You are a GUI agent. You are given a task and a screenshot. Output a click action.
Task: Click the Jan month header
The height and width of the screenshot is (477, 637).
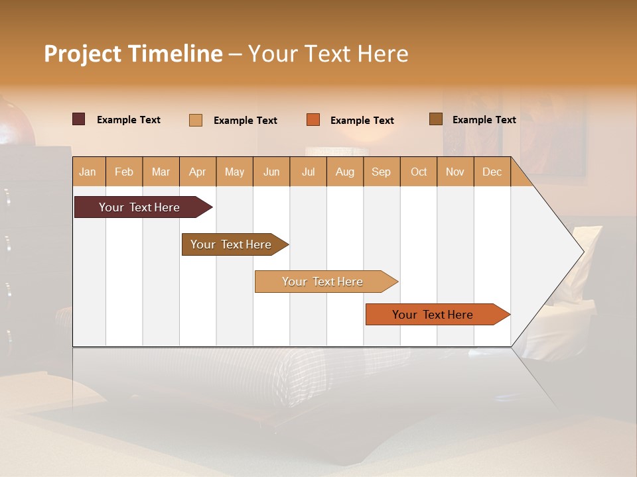click(x=88, y=172)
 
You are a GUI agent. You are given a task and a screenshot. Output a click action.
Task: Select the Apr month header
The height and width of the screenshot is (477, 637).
click(x=197, y=172)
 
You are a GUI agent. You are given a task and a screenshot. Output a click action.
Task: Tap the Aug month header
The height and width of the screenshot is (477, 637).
click(x=344, y=172)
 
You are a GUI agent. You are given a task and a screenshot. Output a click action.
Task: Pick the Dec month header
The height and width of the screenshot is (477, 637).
click(x=492, y=172)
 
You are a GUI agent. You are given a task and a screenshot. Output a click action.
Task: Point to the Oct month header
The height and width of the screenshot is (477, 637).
click(x=419, y=172)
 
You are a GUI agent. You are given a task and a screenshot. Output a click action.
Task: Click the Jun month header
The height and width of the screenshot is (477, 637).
click(x=271, y=172)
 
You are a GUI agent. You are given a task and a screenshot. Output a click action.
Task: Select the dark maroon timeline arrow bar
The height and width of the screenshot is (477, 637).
click(x=139, y=207)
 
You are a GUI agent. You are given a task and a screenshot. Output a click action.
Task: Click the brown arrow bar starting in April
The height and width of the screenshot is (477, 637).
click(x=231, y=244)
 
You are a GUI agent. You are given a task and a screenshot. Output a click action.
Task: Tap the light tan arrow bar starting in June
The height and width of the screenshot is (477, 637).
click(x=322, y=282)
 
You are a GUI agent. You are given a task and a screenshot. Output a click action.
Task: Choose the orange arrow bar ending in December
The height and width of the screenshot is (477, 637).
click(x=433, y=315)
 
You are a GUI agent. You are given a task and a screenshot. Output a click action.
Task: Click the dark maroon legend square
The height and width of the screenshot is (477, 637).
click(x=78, y=119)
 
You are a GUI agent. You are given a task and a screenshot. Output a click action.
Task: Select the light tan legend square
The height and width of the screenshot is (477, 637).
click(x=195, y=120)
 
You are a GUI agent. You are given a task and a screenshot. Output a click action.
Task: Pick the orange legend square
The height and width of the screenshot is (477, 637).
click(x=313, y=120)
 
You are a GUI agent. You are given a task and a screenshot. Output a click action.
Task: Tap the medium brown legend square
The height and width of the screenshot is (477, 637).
click(x=435, y=119)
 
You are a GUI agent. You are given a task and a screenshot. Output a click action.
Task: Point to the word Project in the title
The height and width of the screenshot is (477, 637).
click(x=83, y=54)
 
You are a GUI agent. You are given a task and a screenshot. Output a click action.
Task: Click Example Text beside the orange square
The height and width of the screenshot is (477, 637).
click(x=362, y=120)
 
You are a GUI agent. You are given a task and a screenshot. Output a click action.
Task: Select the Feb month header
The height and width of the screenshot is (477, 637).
click(x=124, y=172)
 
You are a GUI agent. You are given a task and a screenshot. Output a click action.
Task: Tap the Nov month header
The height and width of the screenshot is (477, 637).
click(x=455, y=172)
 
